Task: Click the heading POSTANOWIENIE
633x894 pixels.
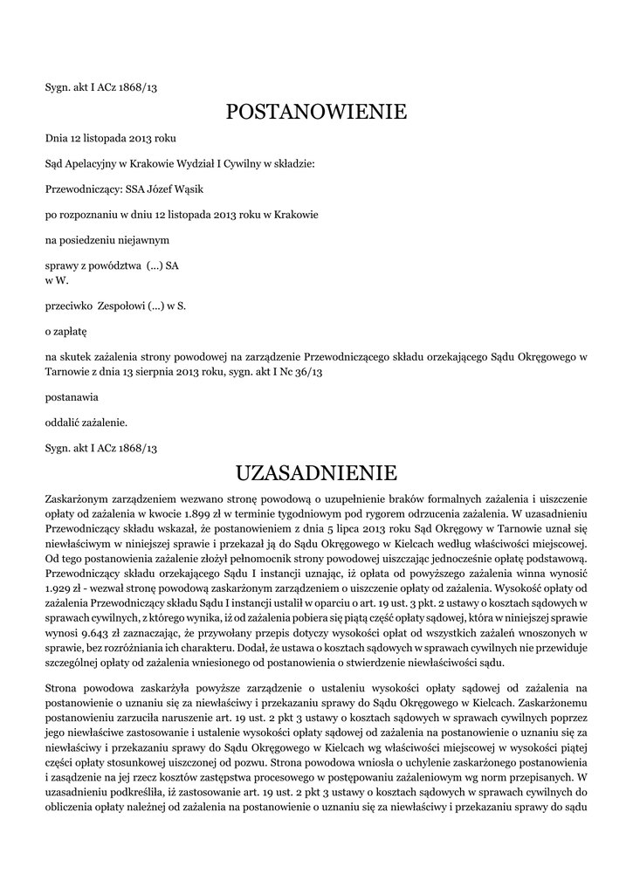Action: click(316, 112)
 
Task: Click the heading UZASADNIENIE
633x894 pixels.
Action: click(316, 474)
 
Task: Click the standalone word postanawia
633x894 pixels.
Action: click(72, 396)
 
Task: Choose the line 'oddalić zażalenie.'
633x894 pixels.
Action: click(86, 423)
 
